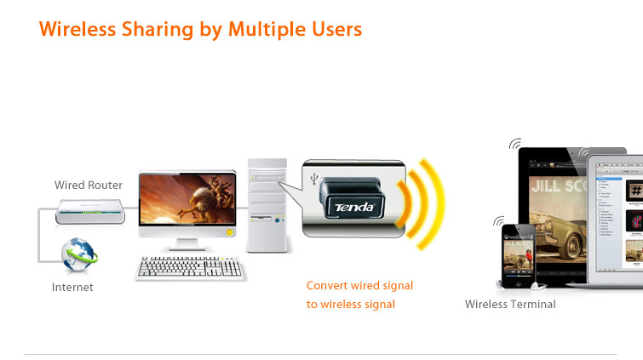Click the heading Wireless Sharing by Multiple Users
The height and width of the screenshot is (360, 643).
coord(200,29)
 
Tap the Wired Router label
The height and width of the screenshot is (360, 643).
coord(89,185)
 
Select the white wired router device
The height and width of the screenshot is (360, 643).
coord(89,210)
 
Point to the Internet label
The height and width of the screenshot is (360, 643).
coord(72,288)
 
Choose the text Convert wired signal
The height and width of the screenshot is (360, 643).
coord(359,286)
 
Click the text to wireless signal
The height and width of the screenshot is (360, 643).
coord(351,304)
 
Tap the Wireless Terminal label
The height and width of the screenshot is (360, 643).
coord(510,304)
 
